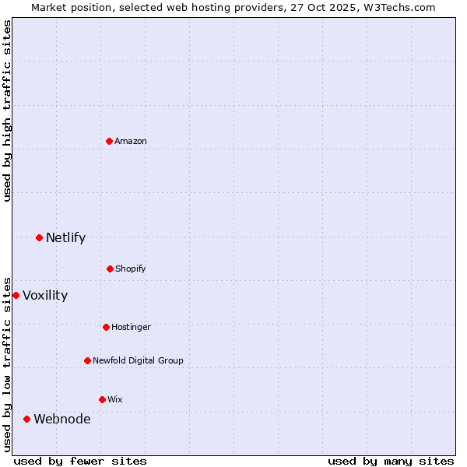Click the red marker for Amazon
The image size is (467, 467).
coord(109,141)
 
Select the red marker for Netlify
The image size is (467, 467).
coord(39,237)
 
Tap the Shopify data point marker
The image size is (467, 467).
coord(110,269)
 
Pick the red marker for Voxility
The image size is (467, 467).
coord(16,295)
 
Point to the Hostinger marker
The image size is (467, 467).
coord(106,327)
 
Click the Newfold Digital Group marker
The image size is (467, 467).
coord(87,360)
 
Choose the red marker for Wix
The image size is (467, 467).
coord(102,399)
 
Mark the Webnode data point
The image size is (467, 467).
coord(26,419)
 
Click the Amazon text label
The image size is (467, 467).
coord(131,141)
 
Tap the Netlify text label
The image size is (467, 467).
coord(65,237)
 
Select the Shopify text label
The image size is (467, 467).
coord(131,269)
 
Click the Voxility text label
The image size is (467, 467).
coord(45,295)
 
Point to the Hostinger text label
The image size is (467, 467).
coord(131,327)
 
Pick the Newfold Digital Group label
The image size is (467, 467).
coord(138,360)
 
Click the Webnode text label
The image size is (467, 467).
coord(61,419)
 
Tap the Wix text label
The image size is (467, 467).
coord(115,399)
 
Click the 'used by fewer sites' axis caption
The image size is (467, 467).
coord(80,461)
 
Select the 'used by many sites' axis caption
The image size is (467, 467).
coord(391,461)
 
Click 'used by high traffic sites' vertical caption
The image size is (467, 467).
coord(7,111)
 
